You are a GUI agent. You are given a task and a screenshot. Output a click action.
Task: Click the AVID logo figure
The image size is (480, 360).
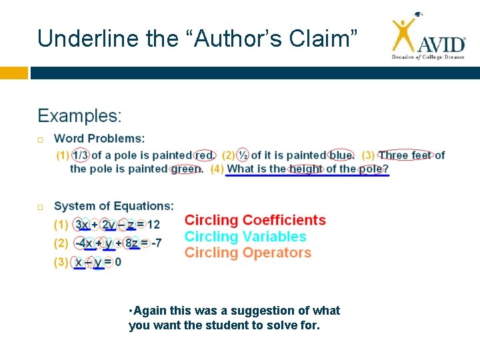coord(403,33)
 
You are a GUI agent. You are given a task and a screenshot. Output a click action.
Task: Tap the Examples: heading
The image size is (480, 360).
coord(79,116)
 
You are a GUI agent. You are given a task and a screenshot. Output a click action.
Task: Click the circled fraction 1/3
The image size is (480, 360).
coord(80,155)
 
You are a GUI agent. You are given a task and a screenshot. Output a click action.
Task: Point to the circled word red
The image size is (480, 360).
coord(204,155)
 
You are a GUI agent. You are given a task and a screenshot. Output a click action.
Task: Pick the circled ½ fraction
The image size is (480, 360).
coord(243,155)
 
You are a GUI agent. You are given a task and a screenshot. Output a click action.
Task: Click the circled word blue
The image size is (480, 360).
coord(341,155)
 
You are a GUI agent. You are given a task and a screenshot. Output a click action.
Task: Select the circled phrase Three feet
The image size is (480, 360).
coord(405,155)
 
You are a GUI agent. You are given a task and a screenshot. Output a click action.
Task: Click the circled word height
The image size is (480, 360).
coord(306,169)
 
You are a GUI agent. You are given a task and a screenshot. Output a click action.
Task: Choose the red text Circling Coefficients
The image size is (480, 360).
coord(255,220)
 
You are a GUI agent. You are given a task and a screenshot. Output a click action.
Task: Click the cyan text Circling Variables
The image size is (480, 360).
coord(245,237)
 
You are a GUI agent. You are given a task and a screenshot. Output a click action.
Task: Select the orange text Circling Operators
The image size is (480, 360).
coord(248,253)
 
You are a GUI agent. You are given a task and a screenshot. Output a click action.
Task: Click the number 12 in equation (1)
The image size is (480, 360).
coord(153,225)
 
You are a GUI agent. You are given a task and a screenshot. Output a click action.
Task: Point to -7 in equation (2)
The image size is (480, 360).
coord(156,243)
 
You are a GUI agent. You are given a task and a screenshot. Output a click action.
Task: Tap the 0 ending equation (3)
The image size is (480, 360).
coord(118,262)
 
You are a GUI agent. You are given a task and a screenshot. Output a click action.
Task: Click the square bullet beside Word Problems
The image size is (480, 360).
coord(41,139)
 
